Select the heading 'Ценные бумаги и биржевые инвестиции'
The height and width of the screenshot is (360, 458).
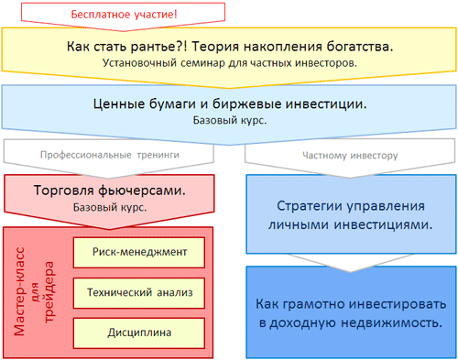coord(230,104)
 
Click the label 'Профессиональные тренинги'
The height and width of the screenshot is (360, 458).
coord(109,155)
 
